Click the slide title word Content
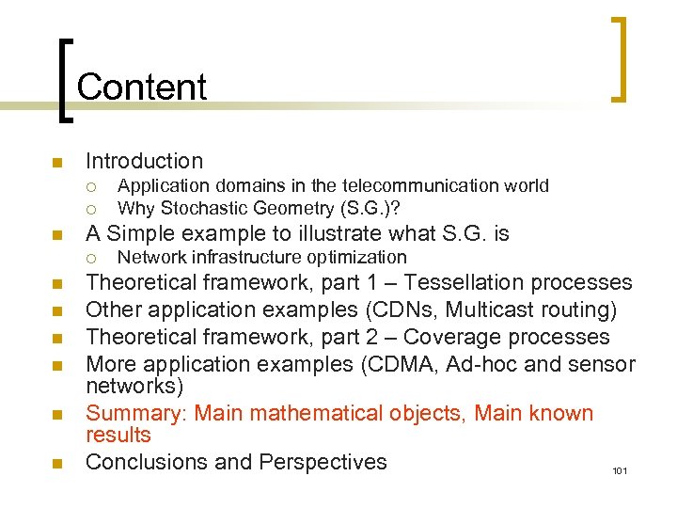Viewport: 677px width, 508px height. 142,87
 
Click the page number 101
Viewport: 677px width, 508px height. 619,470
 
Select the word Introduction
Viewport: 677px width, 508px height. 144,161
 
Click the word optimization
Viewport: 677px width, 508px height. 359,257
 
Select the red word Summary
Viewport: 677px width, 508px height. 126,413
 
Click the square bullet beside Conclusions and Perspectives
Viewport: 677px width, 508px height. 57,463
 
